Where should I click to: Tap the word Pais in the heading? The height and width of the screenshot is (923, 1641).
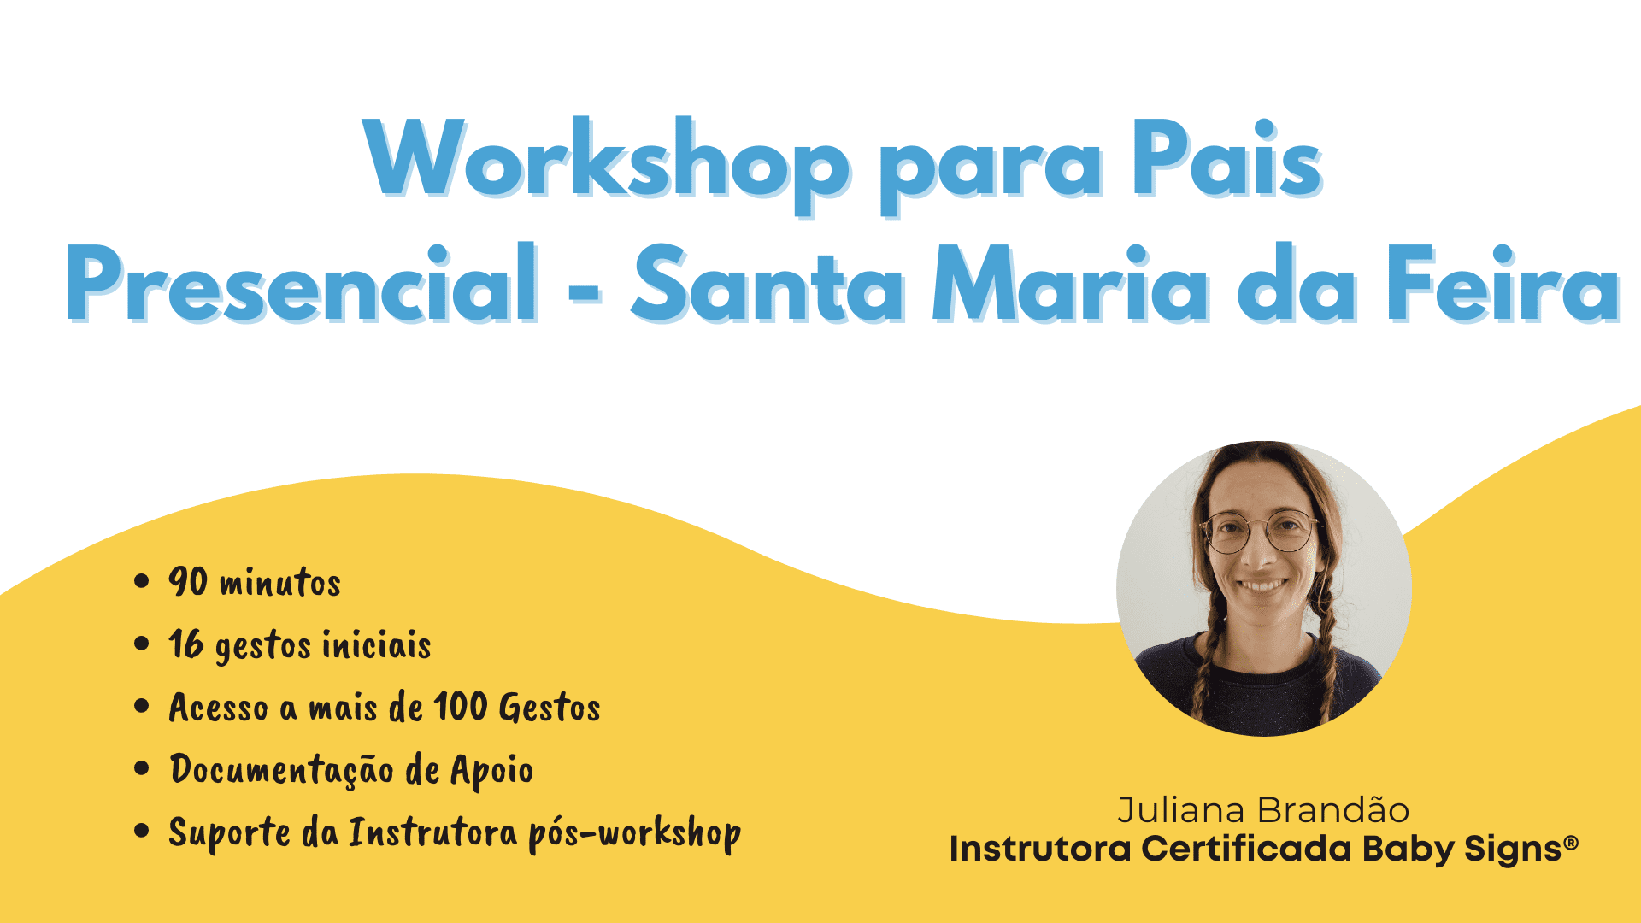pyautogui.click(x=1227, y=158)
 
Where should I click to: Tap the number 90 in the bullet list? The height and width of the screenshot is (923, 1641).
pyautogui.click(x=188, y=581)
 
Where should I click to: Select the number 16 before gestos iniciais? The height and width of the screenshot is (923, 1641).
pyautogui.click(x=186, y=644)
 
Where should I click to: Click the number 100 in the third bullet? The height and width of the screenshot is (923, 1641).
pyautogui.click(x=460, y=707)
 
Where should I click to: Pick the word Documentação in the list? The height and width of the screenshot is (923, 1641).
pyautogui.click(x=282, y=770)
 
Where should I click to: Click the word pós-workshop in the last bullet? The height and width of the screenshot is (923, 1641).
pyautogui.click(x=634, y=834)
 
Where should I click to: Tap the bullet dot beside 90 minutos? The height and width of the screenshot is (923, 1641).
pyautogui.click(x=142, y=582)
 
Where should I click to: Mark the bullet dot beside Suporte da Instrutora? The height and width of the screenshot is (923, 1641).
pyautogui.click(x=142, y=832)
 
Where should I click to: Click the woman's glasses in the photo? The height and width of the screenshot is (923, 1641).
pyautogui.click(x=1260, y=532)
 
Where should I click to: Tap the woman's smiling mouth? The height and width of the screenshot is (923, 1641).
pyautogui.click(x=1262, y=586)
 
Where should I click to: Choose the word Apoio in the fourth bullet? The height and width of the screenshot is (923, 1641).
pyautogui.click(x=491, y=772)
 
